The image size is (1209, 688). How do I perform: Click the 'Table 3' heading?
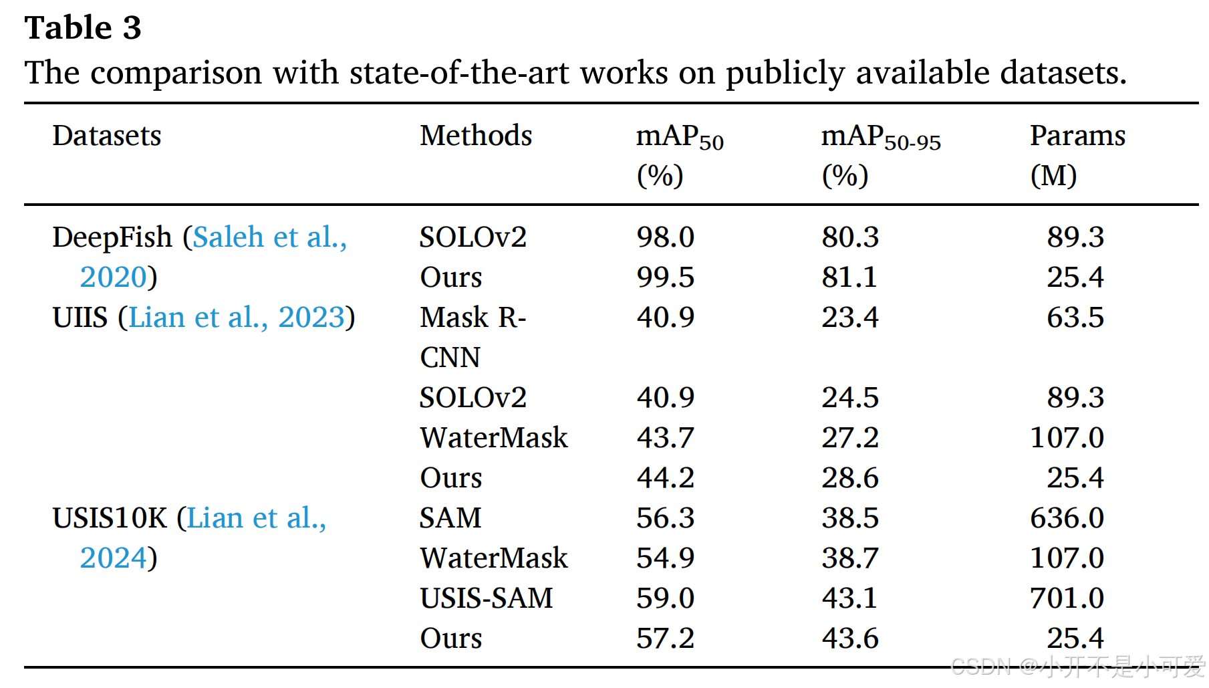click(83, 28)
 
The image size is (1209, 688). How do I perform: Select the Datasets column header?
click(107, 136)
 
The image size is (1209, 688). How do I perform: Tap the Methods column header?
click(475, 136)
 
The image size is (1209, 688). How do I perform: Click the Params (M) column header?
click(1077, 154)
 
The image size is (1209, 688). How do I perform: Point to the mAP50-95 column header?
click(880, 154)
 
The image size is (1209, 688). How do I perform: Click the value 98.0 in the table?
click(665, 237)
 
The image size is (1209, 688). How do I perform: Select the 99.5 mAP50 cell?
click(665, 277)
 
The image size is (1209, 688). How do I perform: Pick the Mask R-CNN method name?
click(472, 336)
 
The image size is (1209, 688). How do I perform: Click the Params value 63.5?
click(1075, 318)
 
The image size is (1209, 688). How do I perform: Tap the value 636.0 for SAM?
click(1067, 518)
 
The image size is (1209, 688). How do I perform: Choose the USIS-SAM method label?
click(486, 598)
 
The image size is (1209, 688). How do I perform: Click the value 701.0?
click(1067, 598)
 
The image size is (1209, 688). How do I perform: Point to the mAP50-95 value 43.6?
click(849, 639)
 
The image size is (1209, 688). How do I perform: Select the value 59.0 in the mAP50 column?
click(665, 598)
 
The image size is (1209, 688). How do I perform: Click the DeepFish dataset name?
click(112, 237)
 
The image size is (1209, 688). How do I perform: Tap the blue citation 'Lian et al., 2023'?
click(236, 318)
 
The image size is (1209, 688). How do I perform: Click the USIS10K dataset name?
click(110, 518)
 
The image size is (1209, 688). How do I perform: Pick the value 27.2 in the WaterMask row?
click(849, 438)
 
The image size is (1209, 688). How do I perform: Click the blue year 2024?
click(113, 558)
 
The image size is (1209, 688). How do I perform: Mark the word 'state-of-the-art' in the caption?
click(460, 72)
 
